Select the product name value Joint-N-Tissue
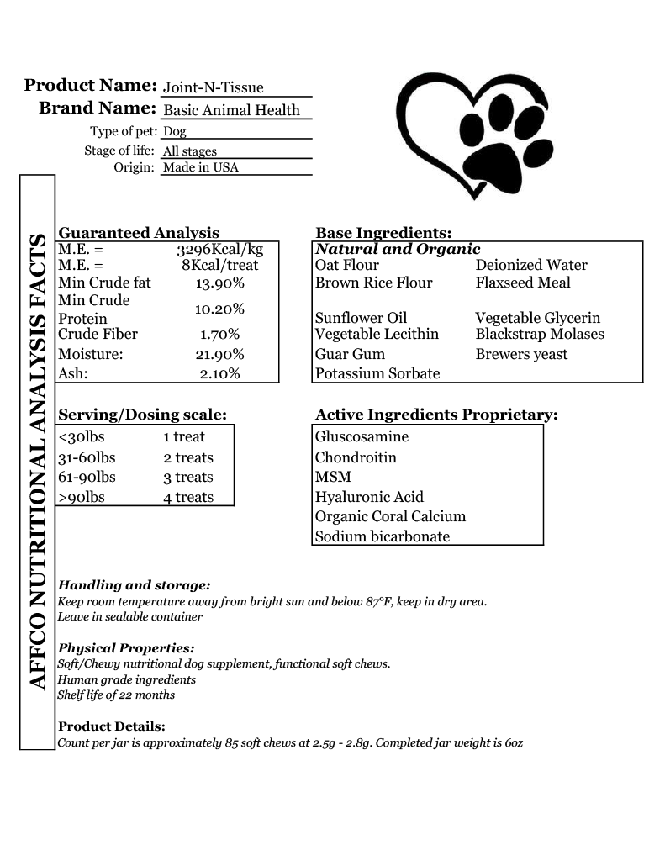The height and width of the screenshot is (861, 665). pos(213,87)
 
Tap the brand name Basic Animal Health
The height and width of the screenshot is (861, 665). pos(231,110)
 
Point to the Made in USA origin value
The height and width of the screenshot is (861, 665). pos(201,167)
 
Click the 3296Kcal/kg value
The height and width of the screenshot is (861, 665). pos(219,250)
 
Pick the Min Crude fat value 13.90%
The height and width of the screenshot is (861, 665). pos(219,283)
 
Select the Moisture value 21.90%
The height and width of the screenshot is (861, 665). pos(219,354)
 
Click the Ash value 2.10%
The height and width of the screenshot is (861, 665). pos(219,373)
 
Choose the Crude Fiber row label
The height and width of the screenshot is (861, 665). pos(98,334)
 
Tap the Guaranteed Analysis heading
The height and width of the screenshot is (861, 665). pos(139,233)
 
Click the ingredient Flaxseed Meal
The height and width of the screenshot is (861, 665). pos(523,283)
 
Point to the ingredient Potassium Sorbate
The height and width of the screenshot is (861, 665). pos(377,373)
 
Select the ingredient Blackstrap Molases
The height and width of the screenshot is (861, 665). pos(540,334)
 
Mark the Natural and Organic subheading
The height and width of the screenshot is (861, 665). pos(398,249)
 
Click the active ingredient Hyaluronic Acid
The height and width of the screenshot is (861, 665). pos(369,497)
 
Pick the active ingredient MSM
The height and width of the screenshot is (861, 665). pos(333,477)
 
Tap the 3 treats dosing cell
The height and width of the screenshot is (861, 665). pos(188,478)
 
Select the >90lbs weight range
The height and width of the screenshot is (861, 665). pos(82,497)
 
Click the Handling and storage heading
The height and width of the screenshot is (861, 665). pos(134,585)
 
